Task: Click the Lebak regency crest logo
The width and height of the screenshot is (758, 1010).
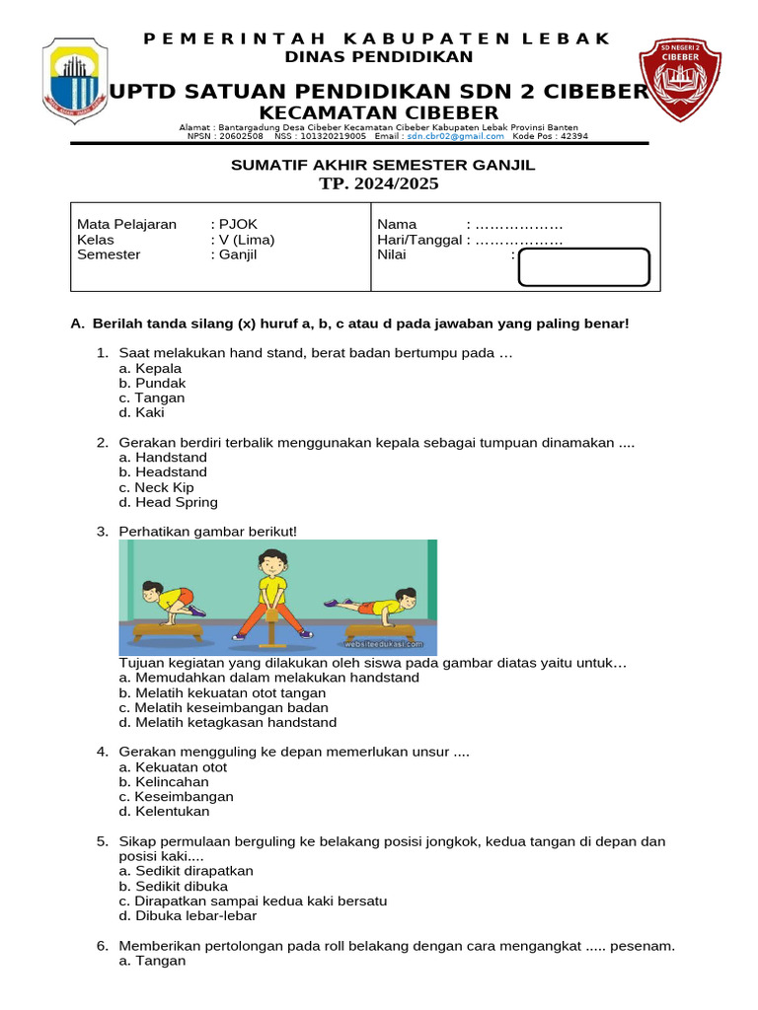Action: coord(75,88)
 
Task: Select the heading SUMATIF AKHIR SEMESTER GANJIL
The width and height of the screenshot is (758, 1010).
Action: coord(383,165)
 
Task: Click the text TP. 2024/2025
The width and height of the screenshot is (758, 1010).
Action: coord(379,184)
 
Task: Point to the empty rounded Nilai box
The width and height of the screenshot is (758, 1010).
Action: coord(583,267)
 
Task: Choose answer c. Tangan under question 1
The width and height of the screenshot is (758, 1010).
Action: coord(151,397)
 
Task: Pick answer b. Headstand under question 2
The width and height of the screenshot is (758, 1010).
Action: coord(163,472)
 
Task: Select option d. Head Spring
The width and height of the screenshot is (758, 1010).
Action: coord(168,502)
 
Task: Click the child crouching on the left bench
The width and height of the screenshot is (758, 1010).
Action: coord(163,602)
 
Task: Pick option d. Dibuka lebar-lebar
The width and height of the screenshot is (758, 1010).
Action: coord(188,915)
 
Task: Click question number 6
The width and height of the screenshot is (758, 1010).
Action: coord(102,946)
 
